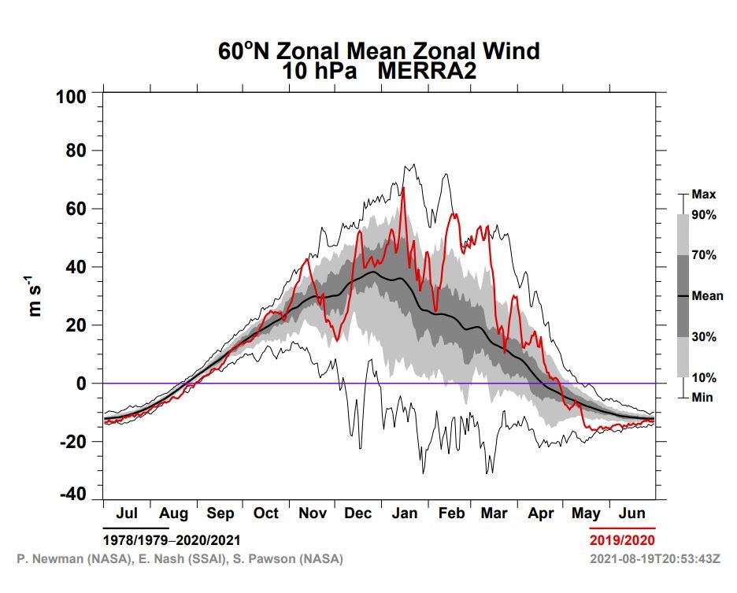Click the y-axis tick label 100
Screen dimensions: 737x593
point(72,98)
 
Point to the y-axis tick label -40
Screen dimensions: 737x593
point(73,495)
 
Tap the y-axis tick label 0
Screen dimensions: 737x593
point(82,384)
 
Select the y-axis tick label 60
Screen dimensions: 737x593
point(76,209)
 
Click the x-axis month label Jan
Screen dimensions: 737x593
point(405,513)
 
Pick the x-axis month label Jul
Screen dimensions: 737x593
point(127,513)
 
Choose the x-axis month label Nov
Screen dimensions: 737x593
point(313,513)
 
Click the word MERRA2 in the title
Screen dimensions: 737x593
point(427,71)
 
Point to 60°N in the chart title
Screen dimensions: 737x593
point(243,50)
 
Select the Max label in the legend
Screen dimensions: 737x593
point(704,195)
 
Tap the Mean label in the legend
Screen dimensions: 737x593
point(707,296)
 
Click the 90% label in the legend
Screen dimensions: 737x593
point(704,215)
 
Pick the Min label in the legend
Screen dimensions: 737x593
point(702,398)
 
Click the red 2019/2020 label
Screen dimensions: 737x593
point(622,540)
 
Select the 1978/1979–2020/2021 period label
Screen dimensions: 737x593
point(172,540)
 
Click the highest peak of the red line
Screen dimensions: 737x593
point(403,187)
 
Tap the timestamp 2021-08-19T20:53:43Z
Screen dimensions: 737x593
point(655,559)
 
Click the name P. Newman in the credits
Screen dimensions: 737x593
point(50,559)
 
